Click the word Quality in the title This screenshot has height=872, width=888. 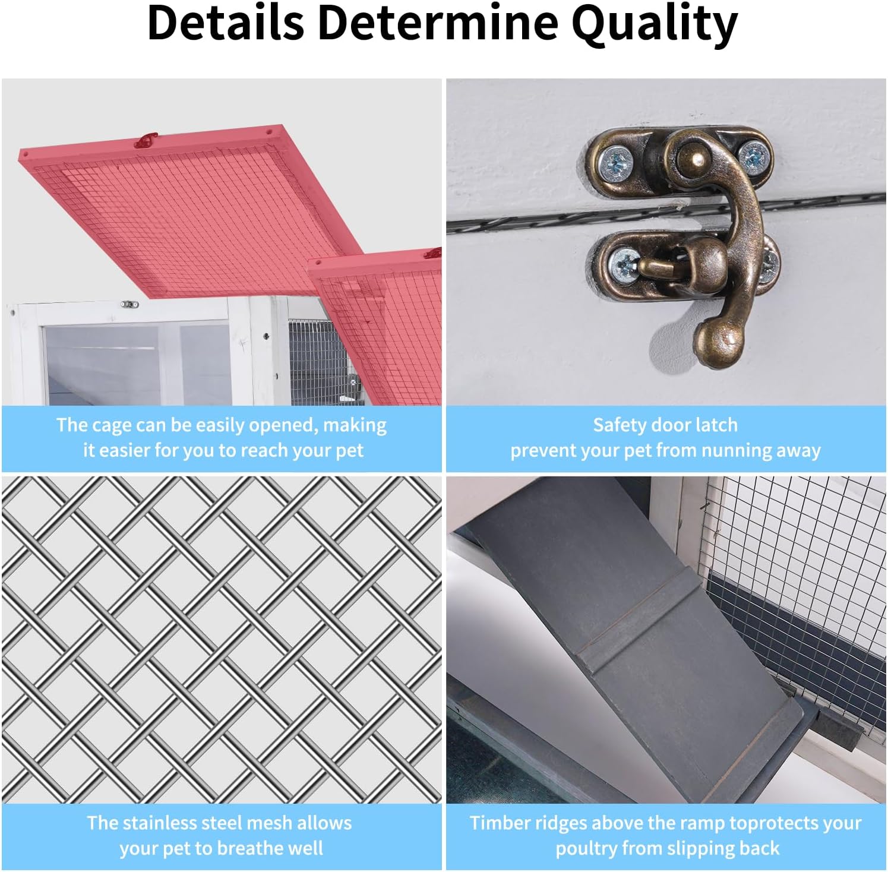654,24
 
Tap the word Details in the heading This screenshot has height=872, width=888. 226,23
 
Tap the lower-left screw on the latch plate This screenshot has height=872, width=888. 624,262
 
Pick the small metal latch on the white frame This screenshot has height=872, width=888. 129,305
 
